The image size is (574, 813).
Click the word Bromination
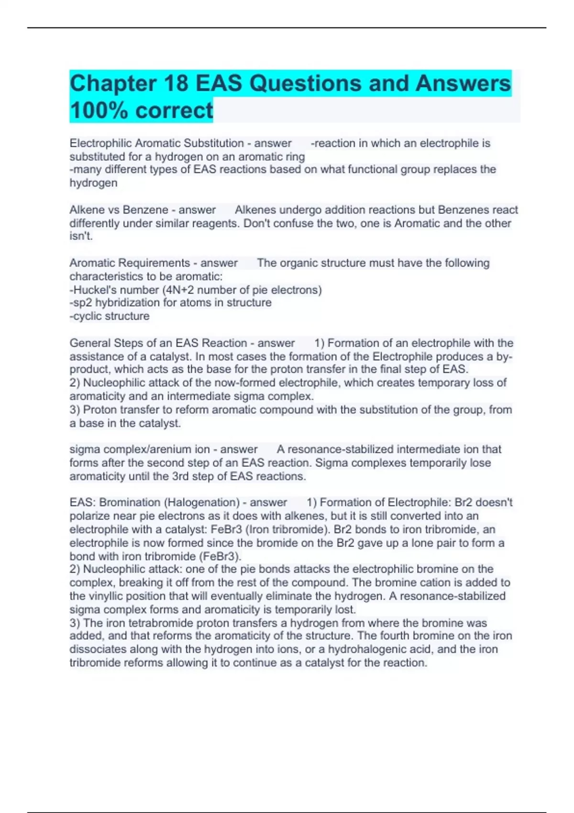pos(130,503)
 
